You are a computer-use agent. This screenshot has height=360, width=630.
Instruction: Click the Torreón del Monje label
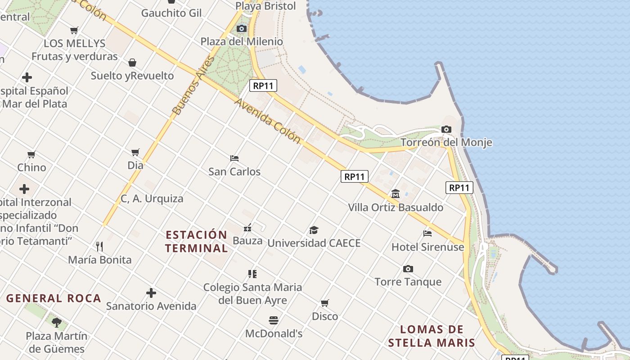(x=446, y=143)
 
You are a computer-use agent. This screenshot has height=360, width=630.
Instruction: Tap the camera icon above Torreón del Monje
(x=446, y=130)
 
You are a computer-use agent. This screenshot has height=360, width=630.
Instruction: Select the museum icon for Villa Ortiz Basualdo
(x=396, y=194)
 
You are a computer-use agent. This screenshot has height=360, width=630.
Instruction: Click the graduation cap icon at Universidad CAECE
(x=314, y=230)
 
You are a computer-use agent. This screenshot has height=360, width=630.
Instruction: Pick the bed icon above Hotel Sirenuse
(x=427, y=234)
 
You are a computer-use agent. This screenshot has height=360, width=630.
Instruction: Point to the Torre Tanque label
(x=408, y=282)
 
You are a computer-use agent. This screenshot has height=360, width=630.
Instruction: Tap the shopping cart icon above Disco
(x=324, y=303)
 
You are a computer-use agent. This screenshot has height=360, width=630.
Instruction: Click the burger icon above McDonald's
(x=274, y=320)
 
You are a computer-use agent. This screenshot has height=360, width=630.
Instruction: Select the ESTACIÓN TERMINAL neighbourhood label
(x=196, y=242)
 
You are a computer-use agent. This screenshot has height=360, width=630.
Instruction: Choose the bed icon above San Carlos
(x=234, y=158)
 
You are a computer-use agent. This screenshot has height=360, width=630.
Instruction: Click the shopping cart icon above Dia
(x=135, y=152)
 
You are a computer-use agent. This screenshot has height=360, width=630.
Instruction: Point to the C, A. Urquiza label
(x=152, y=198)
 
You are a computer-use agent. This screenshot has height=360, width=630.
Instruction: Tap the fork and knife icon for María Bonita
(x=99, y=247)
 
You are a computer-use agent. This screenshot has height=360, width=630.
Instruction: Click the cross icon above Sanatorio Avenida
(x=151, y=293)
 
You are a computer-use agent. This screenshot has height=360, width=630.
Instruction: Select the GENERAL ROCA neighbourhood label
(x=54, y=298)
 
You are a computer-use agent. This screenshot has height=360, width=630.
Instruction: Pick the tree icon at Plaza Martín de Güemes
(x=56, y=322)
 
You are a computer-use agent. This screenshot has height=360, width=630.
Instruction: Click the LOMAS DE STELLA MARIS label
(x=432, y=336)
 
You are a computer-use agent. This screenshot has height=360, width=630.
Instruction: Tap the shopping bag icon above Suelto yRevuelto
(x=132, y=63)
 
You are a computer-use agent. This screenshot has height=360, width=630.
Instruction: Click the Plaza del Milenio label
(x=242, y=41)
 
